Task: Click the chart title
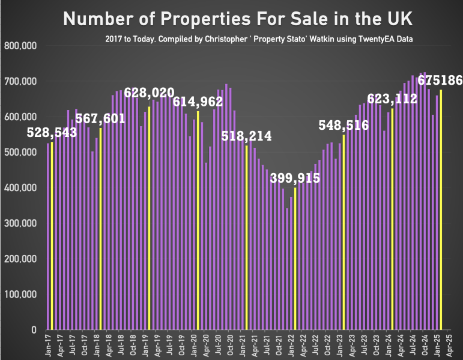tap(238, 19)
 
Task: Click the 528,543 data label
tap(53, 132)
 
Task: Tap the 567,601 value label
tap(101, 118)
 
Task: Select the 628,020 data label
tap(150, 93)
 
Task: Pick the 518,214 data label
tap(246, 136)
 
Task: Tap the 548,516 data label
tap(343, 125)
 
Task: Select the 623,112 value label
tap(392, 99)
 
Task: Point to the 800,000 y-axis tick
tap(20, 46)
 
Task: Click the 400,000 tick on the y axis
tap(20, 188)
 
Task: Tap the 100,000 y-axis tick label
tap(20, 294)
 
